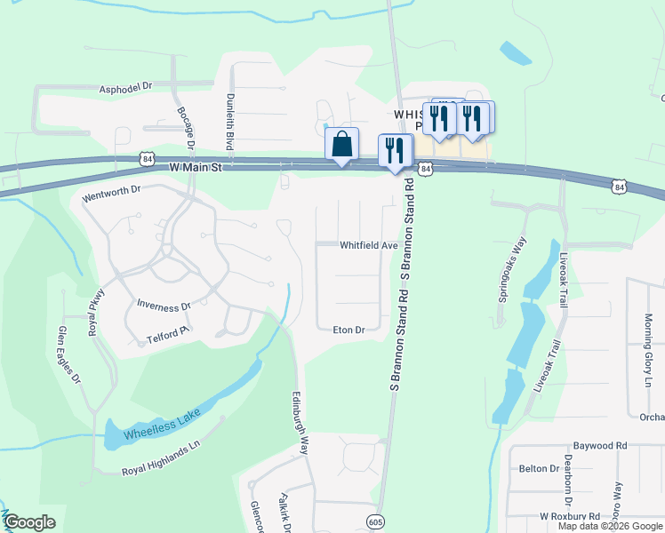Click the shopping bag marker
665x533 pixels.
[341, 145]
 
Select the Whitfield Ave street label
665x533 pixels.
[368, 245]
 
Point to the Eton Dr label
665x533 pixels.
[349, 330]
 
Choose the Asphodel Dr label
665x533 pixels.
[126, 88]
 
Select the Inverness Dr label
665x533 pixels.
[164, 306]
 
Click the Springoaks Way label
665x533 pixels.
[513, 270]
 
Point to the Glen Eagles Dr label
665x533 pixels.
[69, 354]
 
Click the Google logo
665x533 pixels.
[29, 522]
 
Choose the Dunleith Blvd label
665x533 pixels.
[229, 122]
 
